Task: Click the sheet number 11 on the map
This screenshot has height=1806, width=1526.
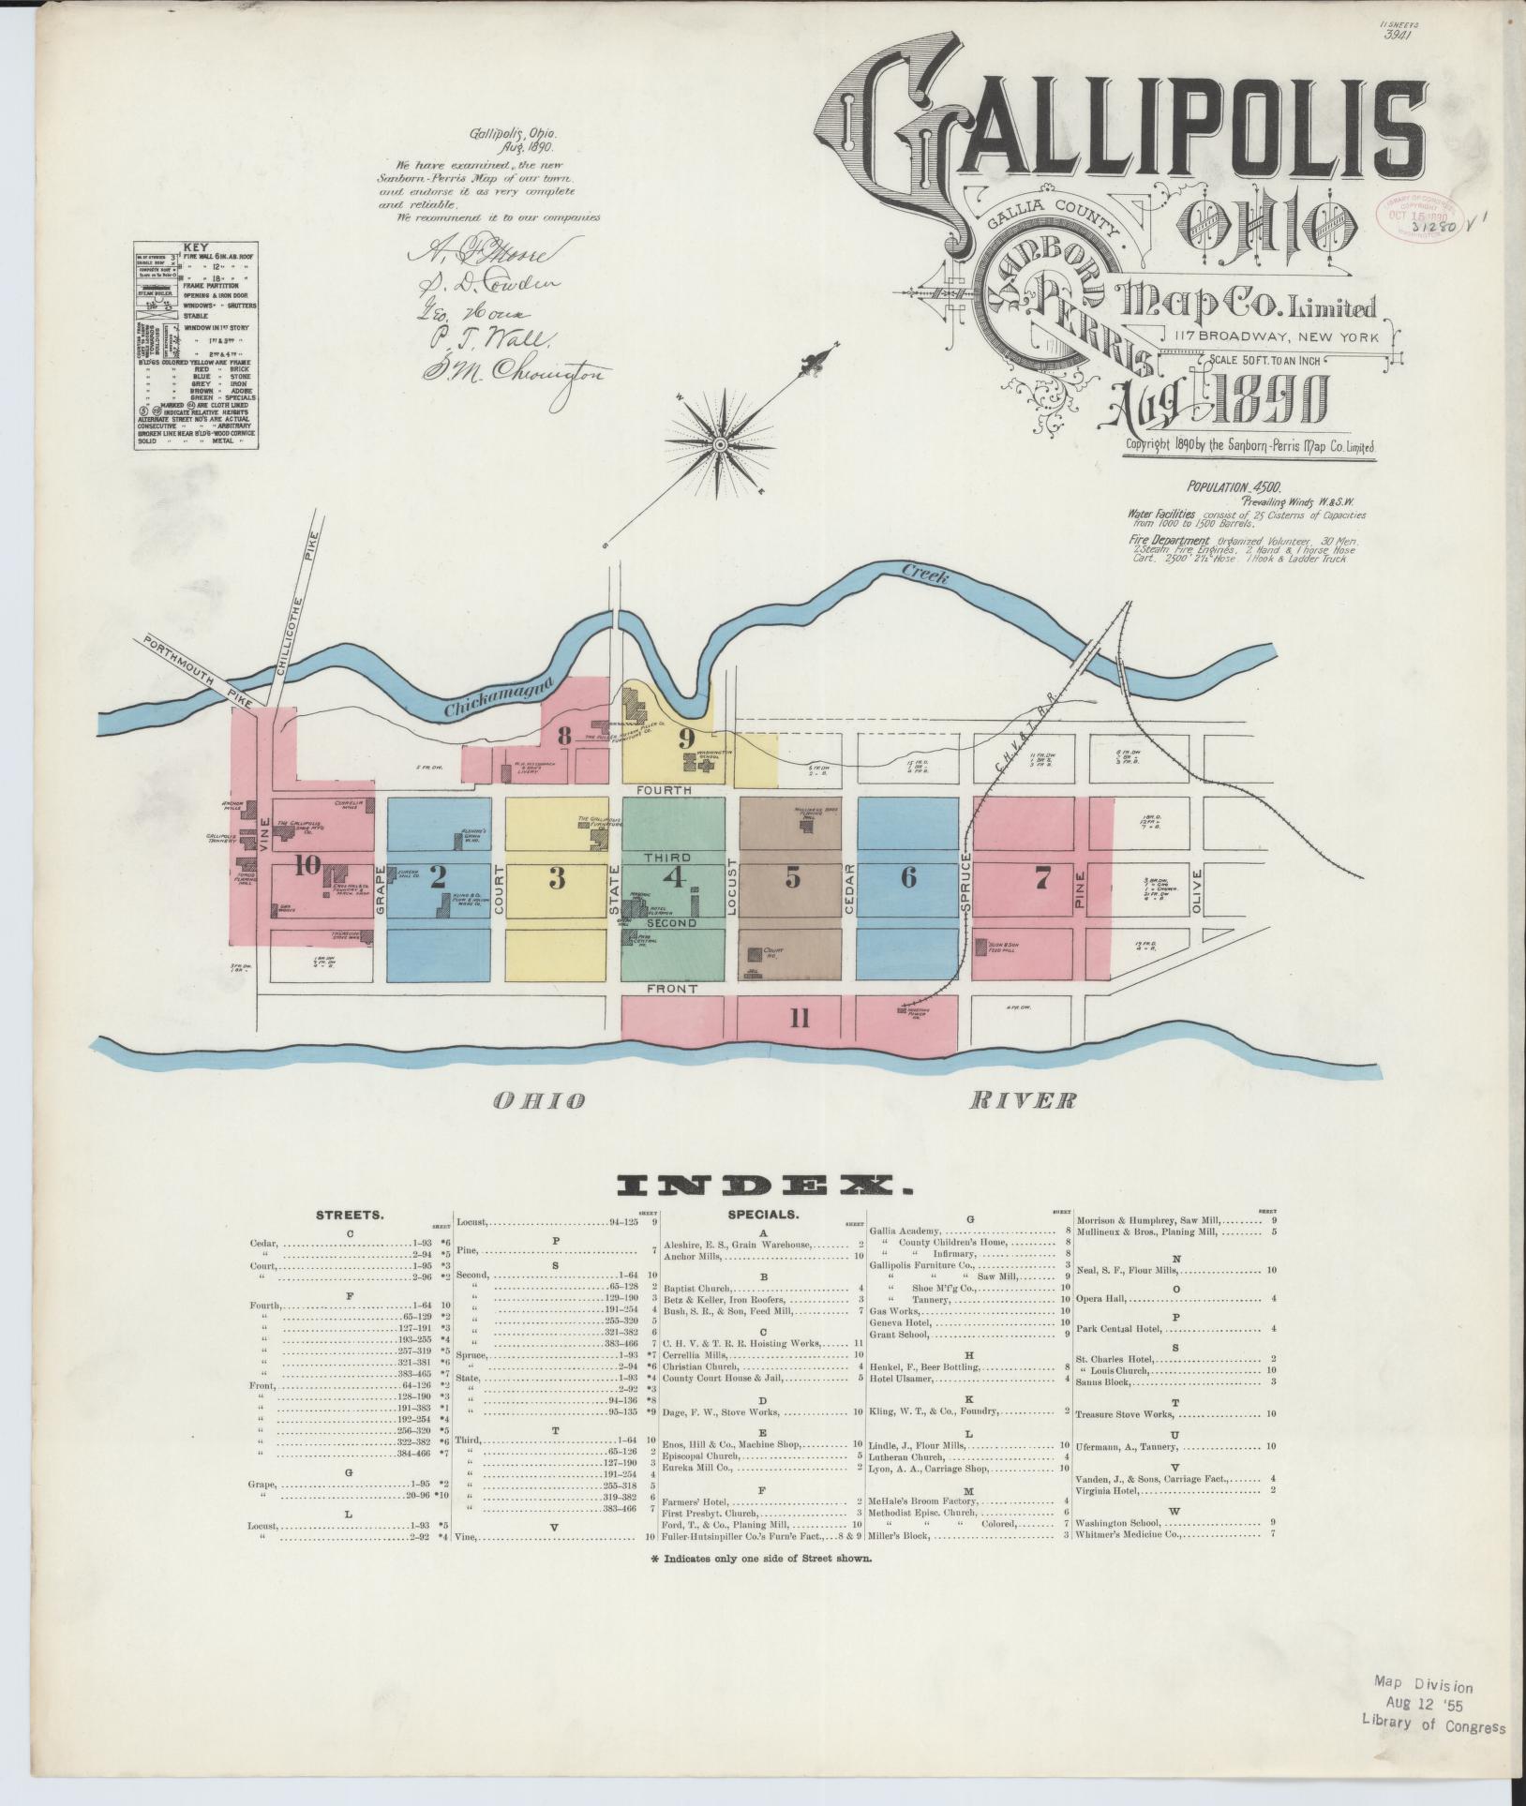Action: pos(799,1019)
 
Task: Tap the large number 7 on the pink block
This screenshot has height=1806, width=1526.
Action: pos(1041,878)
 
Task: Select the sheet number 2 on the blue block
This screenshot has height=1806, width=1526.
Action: pos(437,877)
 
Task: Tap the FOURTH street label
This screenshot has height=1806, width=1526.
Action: pos(665,790)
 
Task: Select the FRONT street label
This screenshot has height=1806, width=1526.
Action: pos(671,989)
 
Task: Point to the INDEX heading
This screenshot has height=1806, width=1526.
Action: pos(762,1187)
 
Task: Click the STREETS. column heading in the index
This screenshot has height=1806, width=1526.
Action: pos(349,1214)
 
